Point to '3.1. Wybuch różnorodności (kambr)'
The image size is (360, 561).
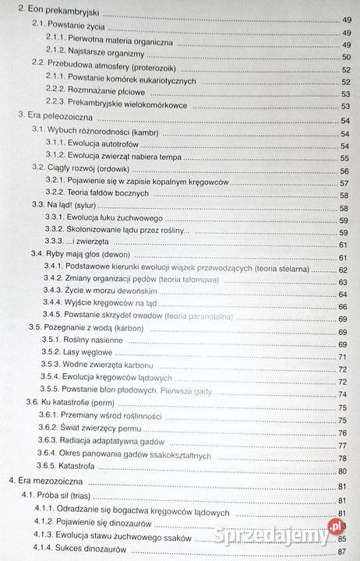[94, 132]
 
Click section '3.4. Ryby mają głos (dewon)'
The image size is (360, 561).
[79, 256]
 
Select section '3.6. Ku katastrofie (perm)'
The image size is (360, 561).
[75, 402]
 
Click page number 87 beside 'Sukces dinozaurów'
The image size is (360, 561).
[344, 551]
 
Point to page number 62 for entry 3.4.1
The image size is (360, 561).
[343, 270]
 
